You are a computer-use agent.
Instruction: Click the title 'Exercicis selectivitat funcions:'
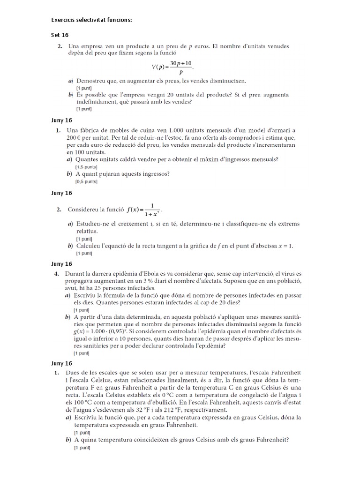point(91,20)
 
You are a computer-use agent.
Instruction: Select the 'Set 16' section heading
point(60,35)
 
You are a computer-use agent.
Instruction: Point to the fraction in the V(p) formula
point(180,68)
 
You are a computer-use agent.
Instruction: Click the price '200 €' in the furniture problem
point(75,138)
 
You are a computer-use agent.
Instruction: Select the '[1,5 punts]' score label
point(87,167)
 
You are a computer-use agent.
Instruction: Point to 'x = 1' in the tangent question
point(283,246)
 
